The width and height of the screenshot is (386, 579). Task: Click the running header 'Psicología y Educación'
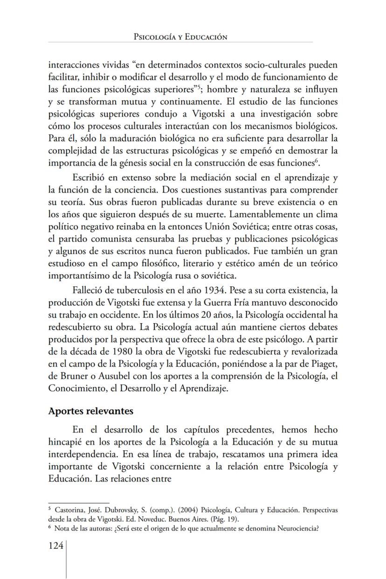(x=180, y=37)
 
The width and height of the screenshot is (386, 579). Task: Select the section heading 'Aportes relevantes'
(x=90, y=411)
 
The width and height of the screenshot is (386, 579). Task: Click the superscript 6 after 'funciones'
(x=318, y=160)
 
